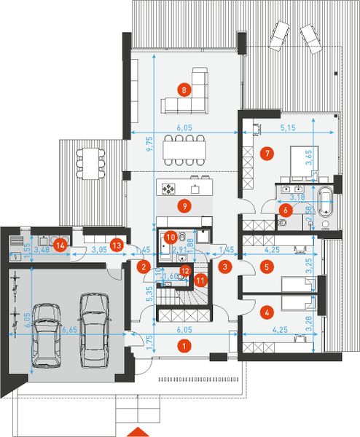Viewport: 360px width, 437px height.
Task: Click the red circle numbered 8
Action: click(184, 90)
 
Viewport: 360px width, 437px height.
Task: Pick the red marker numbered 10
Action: click(170, 237)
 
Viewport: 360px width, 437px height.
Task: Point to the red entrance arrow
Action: click(138, 428)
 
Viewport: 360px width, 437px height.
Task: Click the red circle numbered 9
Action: click(184, 206)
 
